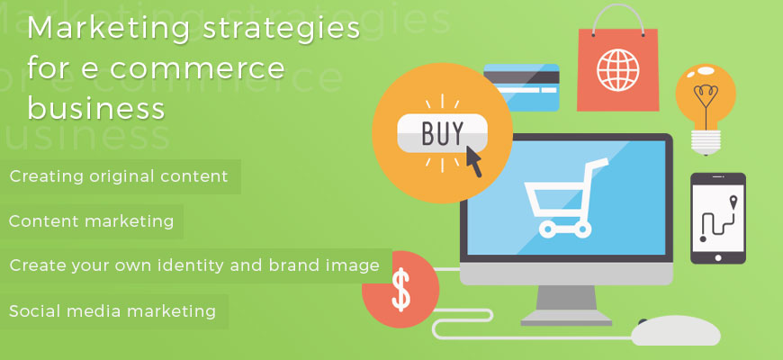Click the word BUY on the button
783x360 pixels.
click(443, 132)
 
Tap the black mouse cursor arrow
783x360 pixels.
click(474, 161)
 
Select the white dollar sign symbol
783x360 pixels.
click(401, 289)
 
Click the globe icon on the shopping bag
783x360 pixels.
click(617, 70)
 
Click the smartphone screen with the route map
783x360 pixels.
click(717, 217)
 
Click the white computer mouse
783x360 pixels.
click(676, 330)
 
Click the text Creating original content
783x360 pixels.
click(119, 176)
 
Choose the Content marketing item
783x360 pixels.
click(92, 220)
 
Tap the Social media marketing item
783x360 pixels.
click(112, 311)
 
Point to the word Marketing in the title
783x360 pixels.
click(109, 30)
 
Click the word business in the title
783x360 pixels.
click(96, 107)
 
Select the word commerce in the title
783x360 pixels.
click(197, 68)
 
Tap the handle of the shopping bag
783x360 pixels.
click(617, 20)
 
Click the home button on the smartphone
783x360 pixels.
click(718, 258)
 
